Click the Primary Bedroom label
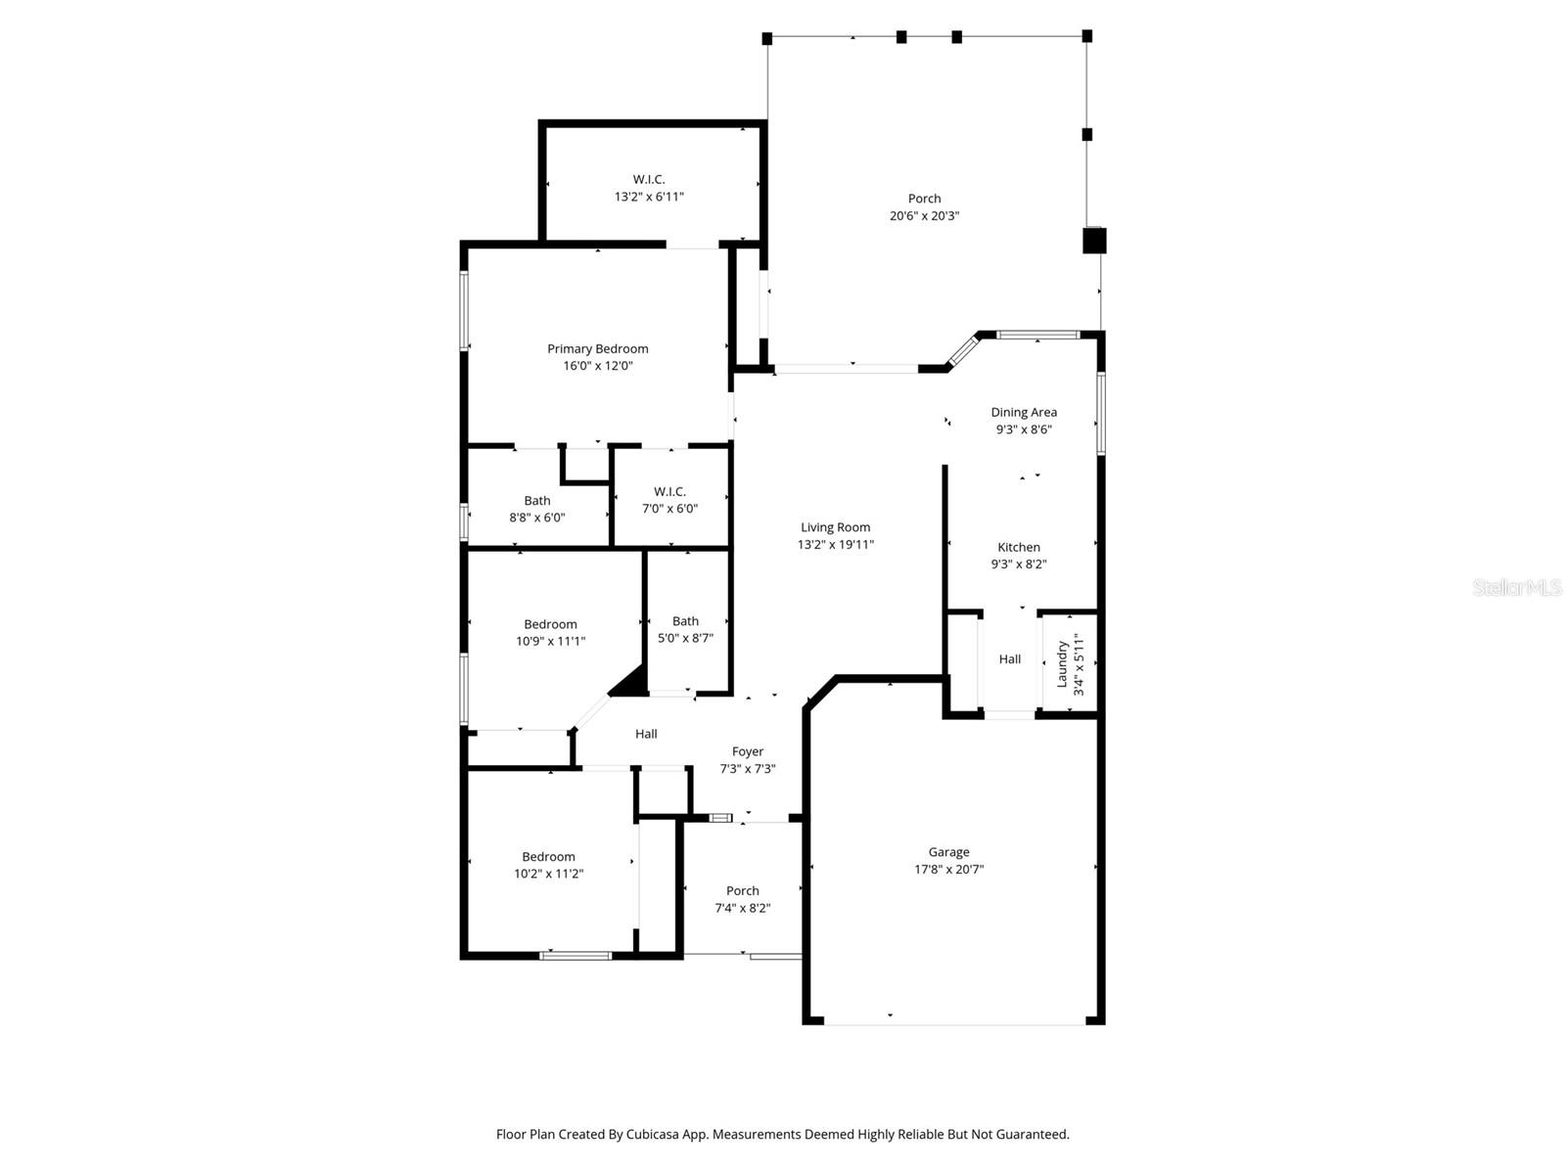click(x=597, y=349)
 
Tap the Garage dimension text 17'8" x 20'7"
click(x=948, y=869)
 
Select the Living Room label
click(x=835, y=527)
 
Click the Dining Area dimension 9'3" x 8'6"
click(x=1023, y=429)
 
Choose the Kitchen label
click(x=1019, y=548)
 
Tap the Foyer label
click(x=748, y=752)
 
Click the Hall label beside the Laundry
click(x=1010, y=659)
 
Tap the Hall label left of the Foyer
click(x=646, y=734)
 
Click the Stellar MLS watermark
click(x=1517, y=587)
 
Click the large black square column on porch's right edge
click(x=1094, y=241)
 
